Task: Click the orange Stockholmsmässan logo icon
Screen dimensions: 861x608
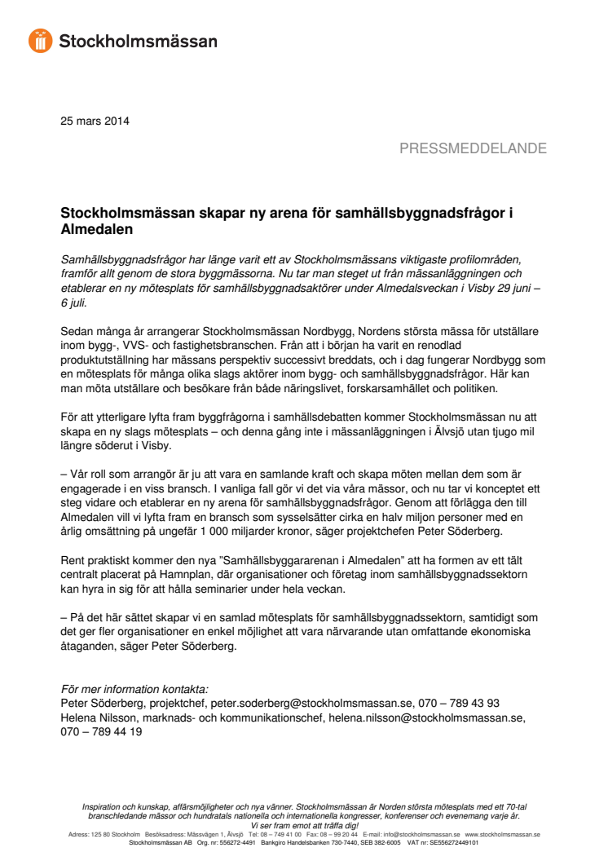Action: click(x=41, y=41)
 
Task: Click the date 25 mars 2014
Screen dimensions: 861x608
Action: click(x=95, y=121)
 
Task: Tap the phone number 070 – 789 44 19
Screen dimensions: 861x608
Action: click(x=102, y=732)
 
